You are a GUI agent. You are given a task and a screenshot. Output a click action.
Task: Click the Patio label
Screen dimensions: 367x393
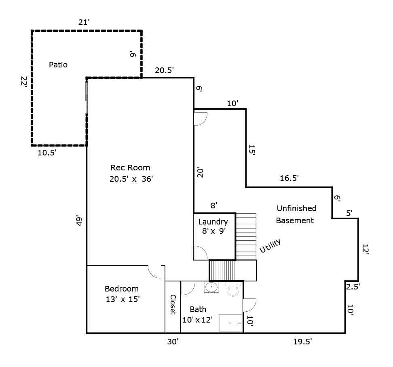58,65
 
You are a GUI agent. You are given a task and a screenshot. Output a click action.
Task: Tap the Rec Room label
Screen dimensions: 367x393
130,168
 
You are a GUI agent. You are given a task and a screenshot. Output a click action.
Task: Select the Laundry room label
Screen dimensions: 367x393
213,222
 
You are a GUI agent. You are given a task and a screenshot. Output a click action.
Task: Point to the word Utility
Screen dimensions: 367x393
270,246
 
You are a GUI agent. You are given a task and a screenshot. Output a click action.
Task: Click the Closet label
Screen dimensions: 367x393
173,304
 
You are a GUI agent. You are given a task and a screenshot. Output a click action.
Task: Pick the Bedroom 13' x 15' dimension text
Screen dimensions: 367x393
122,300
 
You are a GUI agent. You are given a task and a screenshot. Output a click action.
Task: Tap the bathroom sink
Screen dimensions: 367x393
211,287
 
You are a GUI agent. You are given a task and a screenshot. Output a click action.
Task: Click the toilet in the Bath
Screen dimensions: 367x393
233,289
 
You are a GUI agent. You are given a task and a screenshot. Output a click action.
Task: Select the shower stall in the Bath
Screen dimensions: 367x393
230,323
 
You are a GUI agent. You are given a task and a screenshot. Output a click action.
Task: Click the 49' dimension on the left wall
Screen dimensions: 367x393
80,222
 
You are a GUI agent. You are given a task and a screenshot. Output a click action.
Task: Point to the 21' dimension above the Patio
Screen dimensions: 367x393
84,23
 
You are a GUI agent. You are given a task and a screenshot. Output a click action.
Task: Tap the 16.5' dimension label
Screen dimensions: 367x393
289,178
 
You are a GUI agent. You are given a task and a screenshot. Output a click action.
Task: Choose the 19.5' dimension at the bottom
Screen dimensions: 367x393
302,342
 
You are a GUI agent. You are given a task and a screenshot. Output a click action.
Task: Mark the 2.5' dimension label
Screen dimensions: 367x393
353,287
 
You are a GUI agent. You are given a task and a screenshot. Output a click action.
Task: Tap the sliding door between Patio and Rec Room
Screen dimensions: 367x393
86,98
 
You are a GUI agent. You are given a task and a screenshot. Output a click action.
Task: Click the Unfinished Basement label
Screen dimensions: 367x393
296,214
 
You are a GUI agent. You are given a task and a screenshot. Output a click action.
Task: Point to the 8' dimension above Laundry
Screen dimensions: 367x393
214,206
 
